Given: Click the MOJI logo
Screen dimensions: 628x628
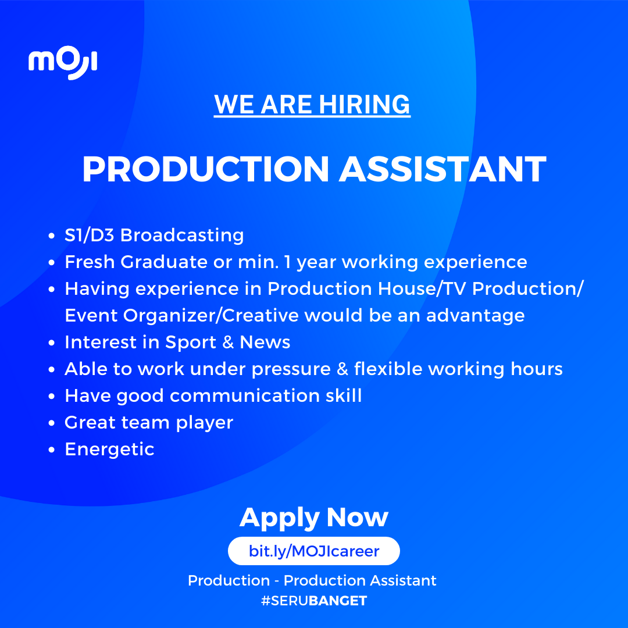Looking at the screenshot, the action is (x=63, y=63).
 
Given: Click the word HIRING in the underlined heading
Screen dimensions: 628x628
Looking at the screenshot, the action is (x=365, y=105).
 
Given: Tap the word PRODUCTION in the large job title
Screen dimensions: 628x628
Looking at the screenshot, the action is (x=205, y=169).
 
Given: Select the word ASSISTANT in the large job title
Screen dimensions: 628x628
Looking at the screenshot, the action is (x=443, y=169).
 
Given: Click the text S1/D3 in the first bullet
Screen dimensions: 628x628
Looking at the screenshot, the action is (x=90, y=235).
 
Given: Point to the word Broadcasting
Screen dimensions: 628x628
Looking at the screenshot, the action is (x=182, y=235).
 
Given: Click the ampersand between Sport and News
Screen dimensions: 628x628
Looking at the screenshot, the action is (x=228, y=342).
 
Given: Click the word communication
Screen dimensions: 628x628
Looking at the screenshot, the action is (x=244, y=396).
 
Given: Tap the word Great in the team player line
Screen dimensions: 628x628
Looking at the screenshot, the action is (x=90, y=423).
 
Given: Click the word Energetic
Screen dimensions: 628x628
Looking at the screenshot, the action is (x=109, y=449).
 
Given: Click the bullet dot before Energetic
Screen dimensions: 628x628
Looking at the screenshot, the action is (x=51, y=449).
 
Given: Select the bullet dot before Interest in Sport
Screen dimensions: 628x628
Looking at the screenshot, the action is (x=51, y=343).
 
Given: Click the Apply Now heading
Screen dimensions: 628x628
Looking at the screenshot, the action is (x=314, y=518).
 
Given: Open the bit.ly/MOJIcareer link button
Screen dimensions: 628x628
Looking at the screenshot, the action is (x=314, y=551).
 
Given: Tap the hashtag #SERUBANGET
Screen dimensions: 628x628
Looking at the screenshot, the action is (x=314, y=601).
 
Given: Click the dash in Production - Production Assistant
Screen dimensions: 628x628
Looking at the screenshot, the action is (x=277, y=581).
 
